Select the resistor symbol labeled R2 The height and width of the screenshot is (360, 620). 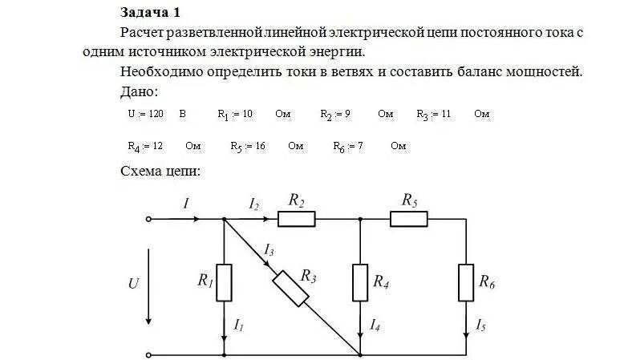(x=297, y=218)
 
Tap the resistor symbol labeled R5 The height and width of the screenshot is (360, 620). (x=409, y=218)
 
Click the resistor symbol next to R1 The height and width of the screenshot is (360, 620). (x=224, y=281)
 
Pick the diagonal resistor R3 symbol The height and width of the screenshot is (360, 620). (x=290, y=288)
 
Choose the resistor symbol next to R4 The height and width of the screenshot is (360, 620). (x=360, y=281)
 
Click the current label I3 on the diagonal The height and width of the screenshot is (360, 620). (x=269, y=252)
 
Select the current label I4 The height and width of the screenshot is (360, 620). (x=375, y=325)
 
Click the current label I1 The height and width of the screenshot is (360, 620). (x=238, y=325)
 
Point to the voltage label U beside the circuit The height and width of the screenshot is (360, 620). (x=133, y=282)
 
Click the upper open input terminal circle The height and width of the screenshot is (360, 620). (x=148, y=218)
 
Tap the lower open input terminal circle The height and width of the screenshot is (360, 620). (x=148, y=354)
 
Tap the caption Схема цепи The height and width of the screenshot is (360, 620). (x=160, y=171)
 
